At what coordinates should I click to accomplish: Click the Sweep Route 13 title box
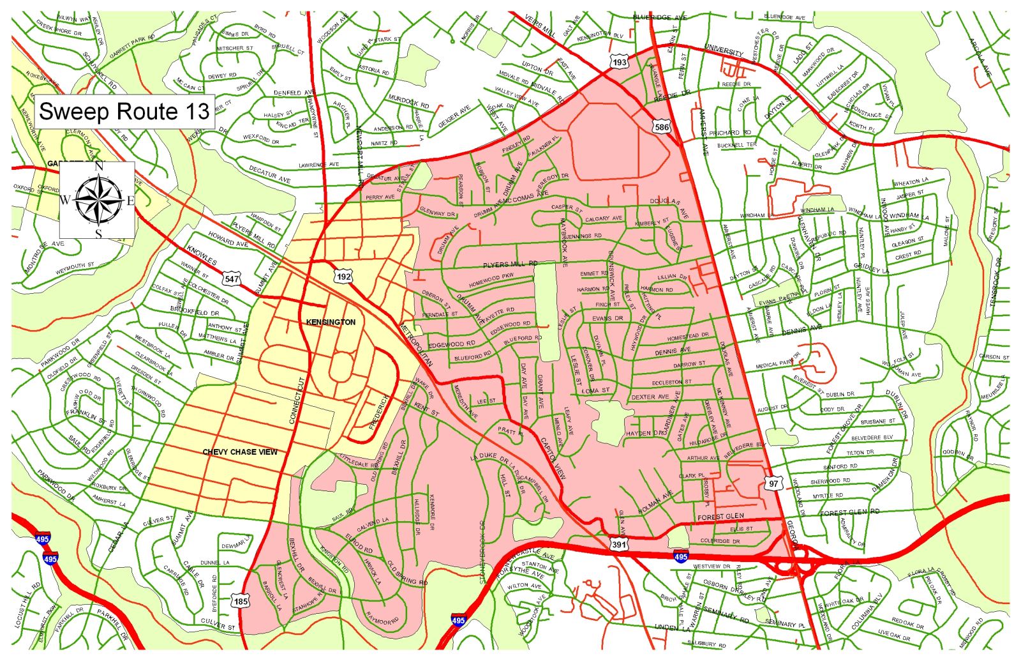click(124, 111)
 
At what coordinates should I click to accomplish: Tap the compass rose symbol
click(98, 200)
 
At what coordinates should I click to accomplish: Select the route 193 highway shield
click(619, 62)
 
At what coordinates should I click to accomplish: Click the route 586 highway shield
click(662, 127)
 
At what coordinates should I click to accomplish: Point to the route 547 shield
click(232, 278)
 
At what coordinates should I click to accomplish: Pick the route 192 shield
click(343, 276)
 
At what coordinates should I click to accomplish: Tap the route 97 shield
click(773, 483)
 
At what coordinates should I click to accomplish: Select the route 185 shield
click(241, 601)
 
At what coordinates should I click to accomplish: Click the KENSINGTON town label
click(331, 323)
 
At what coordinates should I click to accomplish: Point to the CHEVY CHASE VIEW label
click(240, 452)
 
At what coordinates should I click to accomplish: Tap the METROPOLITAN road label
click(416, 346)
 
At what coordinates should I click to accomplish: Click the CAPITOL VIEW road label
click(553, 459)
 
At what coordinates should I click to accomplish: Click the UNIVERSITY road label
click(724, 51)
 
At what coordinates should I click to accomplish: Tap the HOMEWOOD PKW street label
click(491, 279)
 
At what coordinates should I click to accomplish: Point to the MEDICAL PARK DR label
click(778, 361)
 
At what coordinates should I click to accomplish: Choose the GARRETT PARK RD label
click(132, 47)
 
